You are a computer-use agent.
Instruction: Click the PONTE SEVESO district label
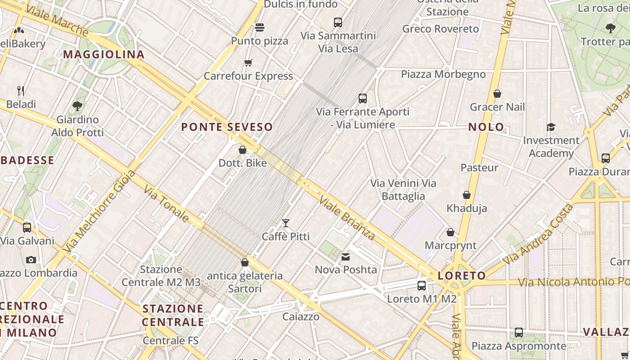[227, 127]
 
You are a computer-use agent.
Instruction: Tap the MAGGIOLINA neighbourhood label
[103, 54]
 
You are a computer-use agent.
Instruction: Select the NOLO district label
[486, 127]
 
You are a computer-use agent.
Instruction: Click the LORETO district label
[462, 276]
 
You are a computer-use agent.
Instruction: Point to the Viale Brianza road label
[347, 218]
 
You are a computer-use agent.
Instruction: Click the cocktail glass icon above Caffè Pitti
[285, 223]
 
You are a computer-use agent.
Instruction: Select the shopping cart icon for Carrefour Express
[248, 63]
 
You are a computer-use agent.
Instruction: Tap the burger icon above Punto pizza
[260, 27]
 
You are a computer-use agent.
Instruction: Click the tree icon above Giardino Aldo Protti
[77, 106]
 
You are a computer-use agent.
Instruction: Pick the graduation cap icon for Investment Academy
[551, 127]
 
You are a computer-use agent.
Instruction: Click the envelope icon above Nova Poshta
[346, 256]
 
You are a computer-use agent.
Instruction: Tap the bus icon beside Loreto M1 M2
[422, 285]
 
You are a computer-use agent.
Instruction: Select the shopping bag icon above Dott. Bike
[243, 149]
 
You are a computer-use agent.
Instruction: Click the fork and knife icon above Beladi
[21, 91]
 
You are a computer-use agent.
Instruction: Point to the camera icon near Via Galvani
[31, 260]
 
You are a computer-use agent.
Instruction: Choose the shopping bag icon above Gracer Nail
[497, 94]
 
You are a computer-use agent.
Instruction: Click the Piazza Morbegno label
[443, 74]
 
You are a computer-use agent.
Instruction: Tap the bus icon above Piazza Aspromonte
[519, 333]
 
